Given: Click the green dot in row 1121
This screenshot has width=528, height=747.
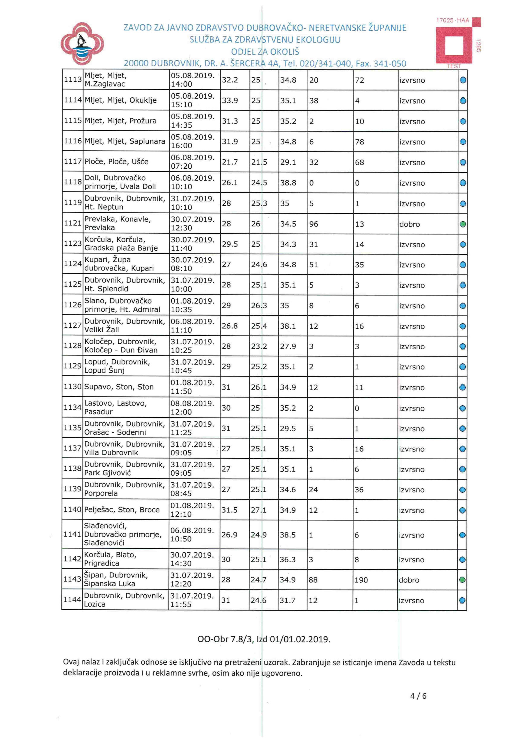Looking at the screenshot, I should tap(463, 224).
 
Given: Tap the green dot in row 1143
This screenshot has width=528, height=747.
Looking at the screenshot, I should tap(462, 580).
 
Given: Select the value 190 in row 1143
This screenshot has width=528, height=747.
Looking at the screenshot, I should tap(361, 580).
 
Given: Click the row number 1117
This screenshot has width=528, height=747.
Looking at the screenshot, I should tap(73, 162).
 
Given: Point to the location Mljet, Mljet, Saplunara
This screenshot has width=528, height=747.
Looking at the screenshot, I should tap(125, 141).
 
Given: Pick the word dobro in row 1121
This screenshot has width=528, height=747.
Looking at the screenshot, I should tap(410, 224).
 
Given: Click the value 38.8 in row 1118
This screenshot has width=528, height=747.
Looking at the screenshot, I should tap(288, 183).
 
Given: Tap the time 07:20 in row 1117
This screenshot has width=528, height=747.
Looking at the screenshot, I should tap(181, 166).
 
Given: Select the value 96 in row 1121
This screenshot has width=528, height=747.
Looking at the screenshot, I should tap(314, 224).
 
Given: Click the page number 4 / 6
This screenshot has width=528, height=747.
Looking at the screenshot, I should tap(418, 696).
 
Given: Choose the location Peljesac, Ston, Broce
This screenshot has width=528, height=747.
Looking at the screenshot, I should tap(122, 509).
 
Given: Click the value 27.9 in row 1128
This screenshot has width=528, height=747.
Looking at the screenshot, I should tap(288, 346).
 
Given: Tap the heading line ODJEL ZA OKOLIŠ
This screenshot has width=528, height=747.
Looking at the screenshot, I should tap(265, 52).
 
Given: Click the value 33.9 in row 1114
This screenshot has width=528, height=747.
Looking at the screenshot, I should tap(230, 101).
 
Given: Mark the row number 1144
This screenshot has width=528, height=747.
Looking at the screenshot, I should tap(72, 599).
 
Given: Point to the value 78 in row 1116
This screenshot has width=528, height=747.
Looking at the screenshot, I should tap(359, 142).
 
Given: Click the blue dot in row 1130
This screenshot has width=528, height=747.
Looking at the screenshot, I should tap(462, 388).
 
